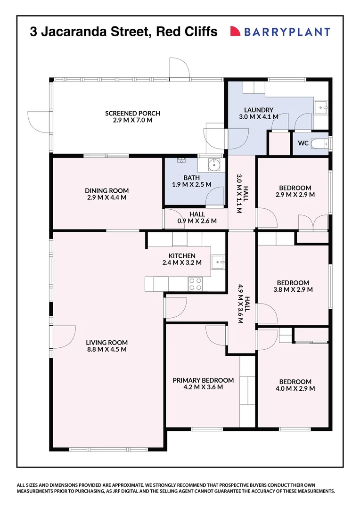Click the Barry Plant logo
(x=280, y=32)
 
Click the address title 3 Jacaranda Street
(x=123, y=32)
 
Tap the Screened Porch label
(x=132, y=116)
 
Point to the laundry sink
(x=322, y=107)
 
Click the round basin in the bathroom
(x=214, y=164)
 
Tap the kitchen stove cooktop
(x=196, y=283)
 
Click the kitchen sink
(x=218, y=261)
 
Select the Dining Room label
(x=106, y=194)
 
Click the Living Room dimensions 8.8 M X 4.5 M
(x=106, y=349)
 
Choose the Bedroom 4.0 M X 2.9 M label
(x=295, y=385)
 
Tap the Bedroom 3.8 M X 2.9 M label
(x=293, y=286)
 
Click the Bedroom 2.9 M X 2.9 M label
(x=295, y=191)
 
